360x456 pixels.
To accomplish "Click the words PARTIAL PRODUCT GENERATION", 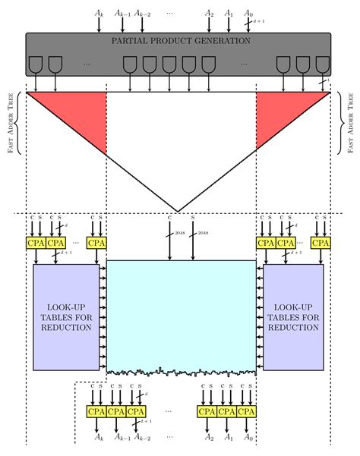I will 180,40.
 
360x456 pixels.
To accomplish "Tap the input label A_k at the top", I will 99,13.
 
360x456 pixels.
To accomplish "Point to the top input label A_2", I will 209,13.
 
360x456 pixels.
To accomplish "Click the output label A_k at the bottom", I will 99,437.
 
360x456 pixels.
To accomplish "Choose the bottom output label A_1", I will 229,437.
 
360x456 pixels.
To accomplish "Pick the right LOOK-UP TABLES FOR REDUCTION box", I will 293,316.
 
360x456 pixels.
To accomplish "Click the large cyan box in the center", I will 181,315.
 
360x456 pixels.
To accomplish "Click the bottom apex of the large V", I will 178,210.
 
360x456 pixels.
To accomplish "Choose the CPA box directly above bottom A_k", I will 96,412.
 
